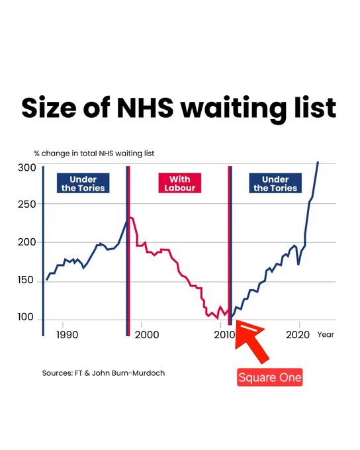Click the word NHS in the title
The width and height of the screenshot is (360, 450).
(x=146, y=108)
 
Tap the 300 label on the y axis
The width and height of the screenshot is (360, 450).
(x=27, y=167)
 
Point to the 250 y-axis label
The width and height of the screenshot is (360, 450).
(x=27, y=204)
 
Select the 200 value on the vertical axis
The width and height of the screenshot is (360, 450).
(x=27, y=242)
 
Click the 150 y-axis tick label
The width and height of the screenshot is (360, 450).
(x=26, y=280)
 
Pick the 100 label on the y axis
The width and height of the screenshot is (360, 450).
(x=26, y=317)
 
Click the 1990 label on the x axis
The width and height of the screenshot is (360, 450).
(x=67, y=335)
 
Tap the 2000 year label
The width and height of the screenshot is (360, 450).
(x=147, y=335)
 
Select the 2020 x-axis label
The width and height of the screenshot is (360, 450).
(x=298, y=335)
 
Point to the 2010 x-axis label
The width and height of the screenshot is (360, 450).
(x=225, y=335)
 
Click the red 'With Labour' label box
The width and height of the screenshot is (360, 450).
(x=180, y=183)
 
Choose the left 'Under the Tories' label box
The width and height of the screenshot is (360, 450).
(x=83, y=183)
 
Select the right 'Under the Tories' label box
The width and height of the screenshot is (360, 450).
(x=275, y=183)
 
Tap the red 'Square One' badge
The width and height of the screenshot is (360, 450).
(x=270, y=377)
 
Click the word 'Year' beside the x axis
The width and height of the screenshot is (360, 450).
(x=326, y=335)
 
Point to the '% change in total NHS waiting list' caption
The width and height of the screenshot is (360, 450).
(x=94, y=154)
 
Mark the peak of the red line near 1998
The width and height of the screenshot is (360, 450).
(x=130, y=217)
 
